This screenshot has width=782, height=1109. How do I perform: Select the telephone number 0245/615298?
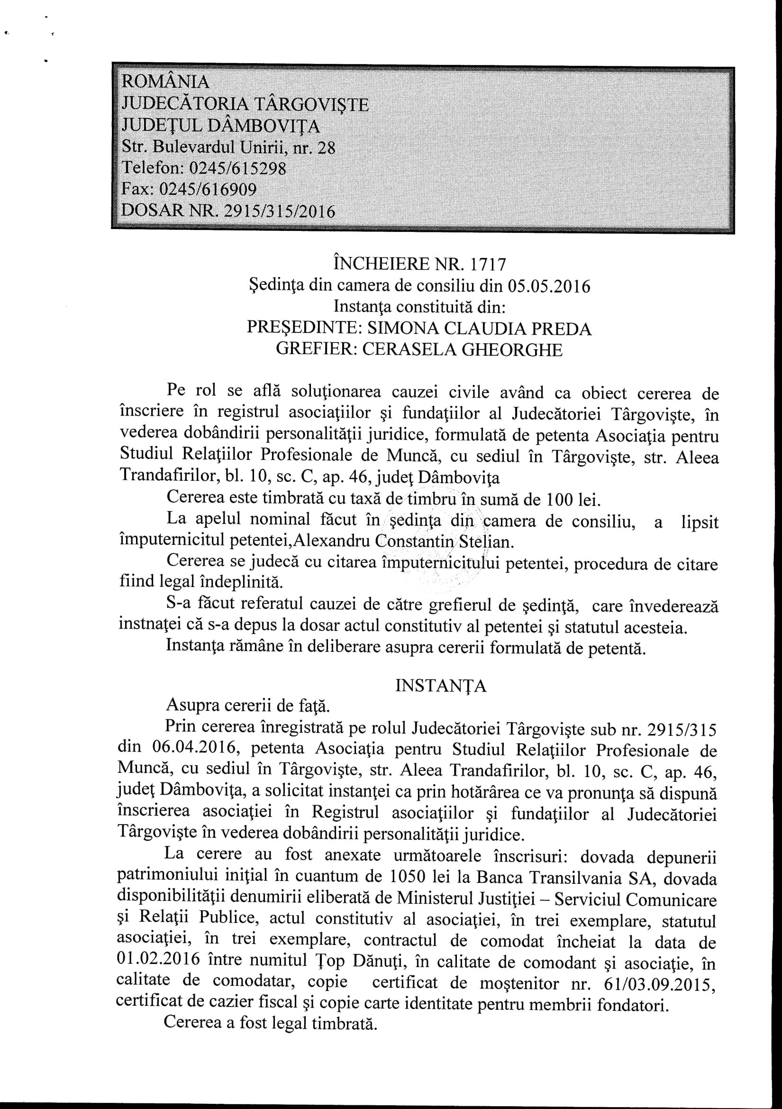[237, 168]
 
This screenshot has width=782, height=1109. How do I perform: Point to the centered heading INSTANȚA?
[440, 687]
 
